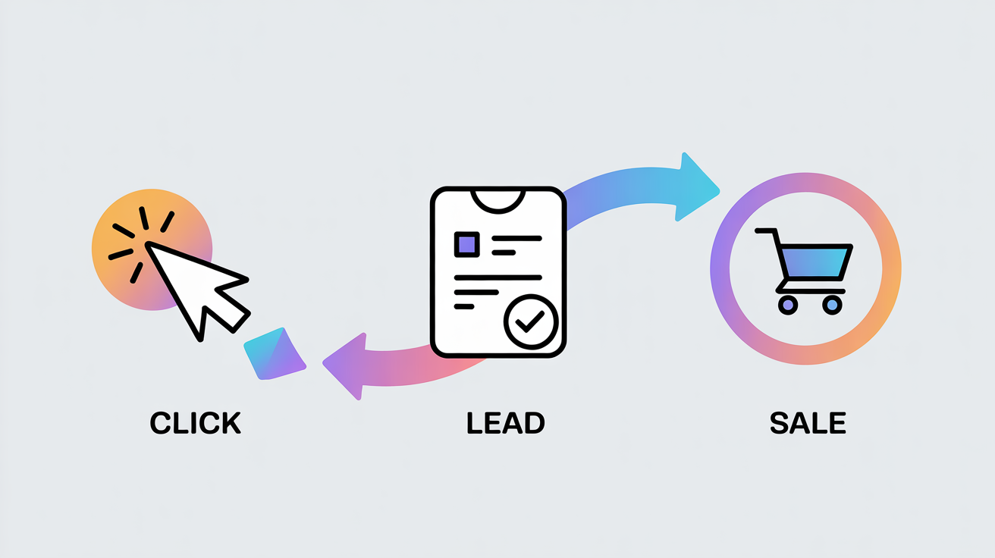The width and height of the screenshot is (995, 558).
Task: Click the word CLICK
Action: (x=195, y=423)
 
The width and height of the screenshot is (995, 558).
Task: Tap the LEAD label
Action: (x=505, y=423)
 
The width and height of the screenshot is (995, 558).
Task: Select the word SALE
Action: (x=808, y=423)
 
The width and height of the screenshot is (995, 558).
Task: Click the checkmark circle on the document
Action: (x=530, y=321)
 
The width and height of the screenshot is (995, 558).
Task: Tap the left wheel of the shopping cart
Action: (x=788, y=305)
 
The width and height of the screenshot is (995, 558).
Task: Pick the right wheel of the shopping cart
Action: (x=832, y=305)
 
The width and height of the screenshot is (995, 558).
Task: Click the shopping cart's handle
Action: (x=766, y=232)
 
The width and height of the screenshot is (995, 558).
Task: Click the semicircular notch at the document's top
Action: (x=497, y=198)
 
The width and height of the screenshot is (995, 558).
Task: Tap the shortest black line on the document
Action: (x=463, y=306)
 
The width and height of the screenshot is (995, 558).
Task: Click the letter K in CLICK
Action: (x=229, y=423)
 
